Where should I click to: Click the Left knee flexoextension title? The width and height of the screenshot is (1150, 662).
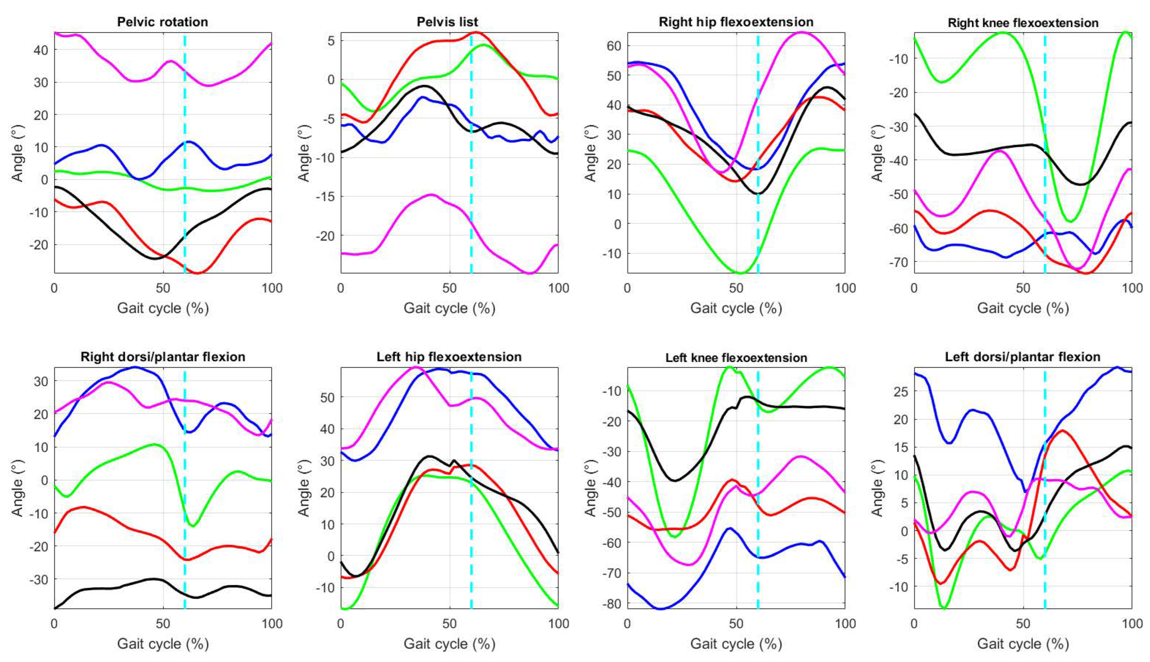click(736, 358)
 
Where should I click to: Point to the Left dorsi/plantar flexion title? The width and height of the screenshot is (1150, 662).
click(1023, 357)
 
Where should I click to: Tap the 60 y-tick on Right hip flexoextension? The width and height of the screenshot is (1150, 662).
click(614, 46)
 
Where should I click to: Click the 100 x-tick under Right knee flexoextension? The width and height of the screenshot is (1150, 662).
click(1131, 288)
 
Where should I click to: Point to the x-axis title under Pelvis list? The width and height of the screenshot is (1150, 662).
click(449, 309)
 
